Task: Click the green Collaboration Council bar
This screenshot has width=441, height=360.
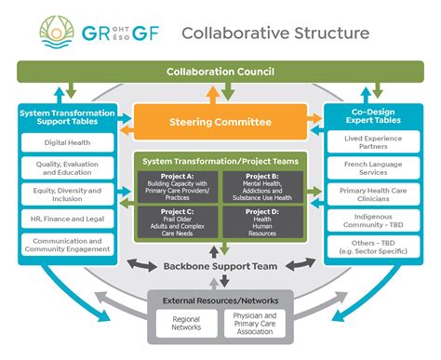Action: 220,72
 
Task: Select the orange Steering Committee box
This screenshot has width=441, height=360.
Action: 220,122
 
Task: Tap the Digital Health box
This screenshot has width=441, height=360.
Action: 65,142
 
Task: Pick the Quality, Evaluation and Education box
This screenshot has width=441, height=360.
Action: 65,167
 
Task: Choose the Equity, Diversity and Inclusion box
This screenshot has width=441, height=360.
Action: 65,193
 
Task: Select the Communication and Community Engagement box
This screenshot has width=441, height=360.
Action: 65,243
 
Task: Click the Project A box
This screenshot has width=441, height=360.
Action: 178,185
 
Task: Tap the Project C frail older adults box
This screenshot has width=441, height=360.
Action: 178,220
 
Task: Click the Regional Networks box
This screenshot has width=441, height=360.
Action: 186,322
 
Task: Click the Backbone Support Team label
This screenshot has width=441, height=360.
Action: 220,267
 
